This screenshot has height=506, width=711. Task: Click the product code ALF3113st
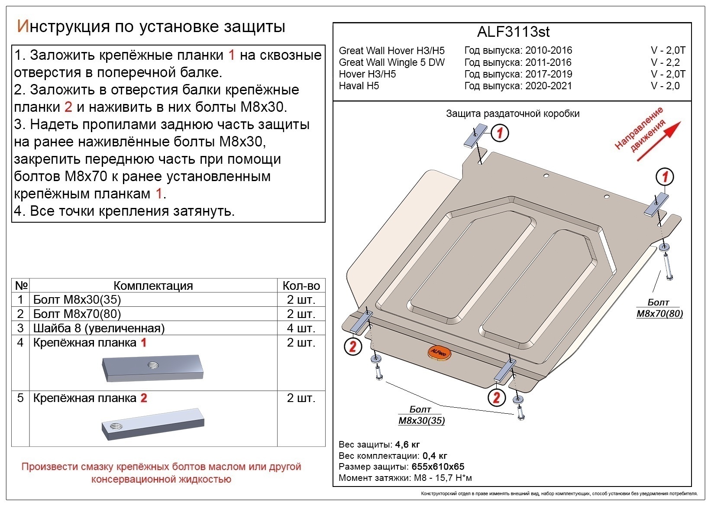[513, 32]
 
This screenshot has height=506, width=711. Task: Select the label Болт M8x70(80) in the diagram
[659, 308]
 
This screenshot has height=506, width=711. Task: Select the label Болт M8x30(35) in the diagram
[421, 415]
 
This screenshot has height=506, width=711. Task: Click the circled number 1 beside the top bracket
[500, 133]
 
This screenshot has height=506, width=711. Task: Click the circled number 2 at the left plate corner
[353, 346]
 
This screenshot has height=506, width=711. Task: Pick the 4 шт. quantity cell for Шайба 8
[301, 328]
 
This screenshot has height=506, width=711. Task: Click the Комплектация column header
[153, 285]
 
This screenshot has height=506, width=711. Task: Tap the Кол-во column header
[301, 285]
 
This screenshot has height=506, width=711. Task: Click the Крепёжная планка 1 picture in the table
[152, 368]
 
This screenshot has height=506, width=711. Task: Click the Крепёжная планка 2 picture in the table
[152, 424]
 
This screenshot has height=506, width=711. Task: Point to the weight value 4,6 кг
[407, 444]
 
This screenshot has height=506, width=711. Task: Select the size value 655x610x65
[437, 467]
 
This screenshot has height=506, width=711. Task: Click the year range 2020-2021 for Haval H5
[548, 86]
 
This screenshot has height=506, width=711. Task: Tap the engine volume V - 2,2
[665, 62]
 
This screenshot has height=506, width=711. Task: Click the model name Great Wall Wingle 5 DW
[391, 62]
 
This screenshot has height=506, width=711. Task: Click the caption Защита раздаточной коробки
[512, 114]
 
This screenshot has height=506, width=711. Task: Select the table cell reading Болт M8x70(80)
[77, 314]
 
